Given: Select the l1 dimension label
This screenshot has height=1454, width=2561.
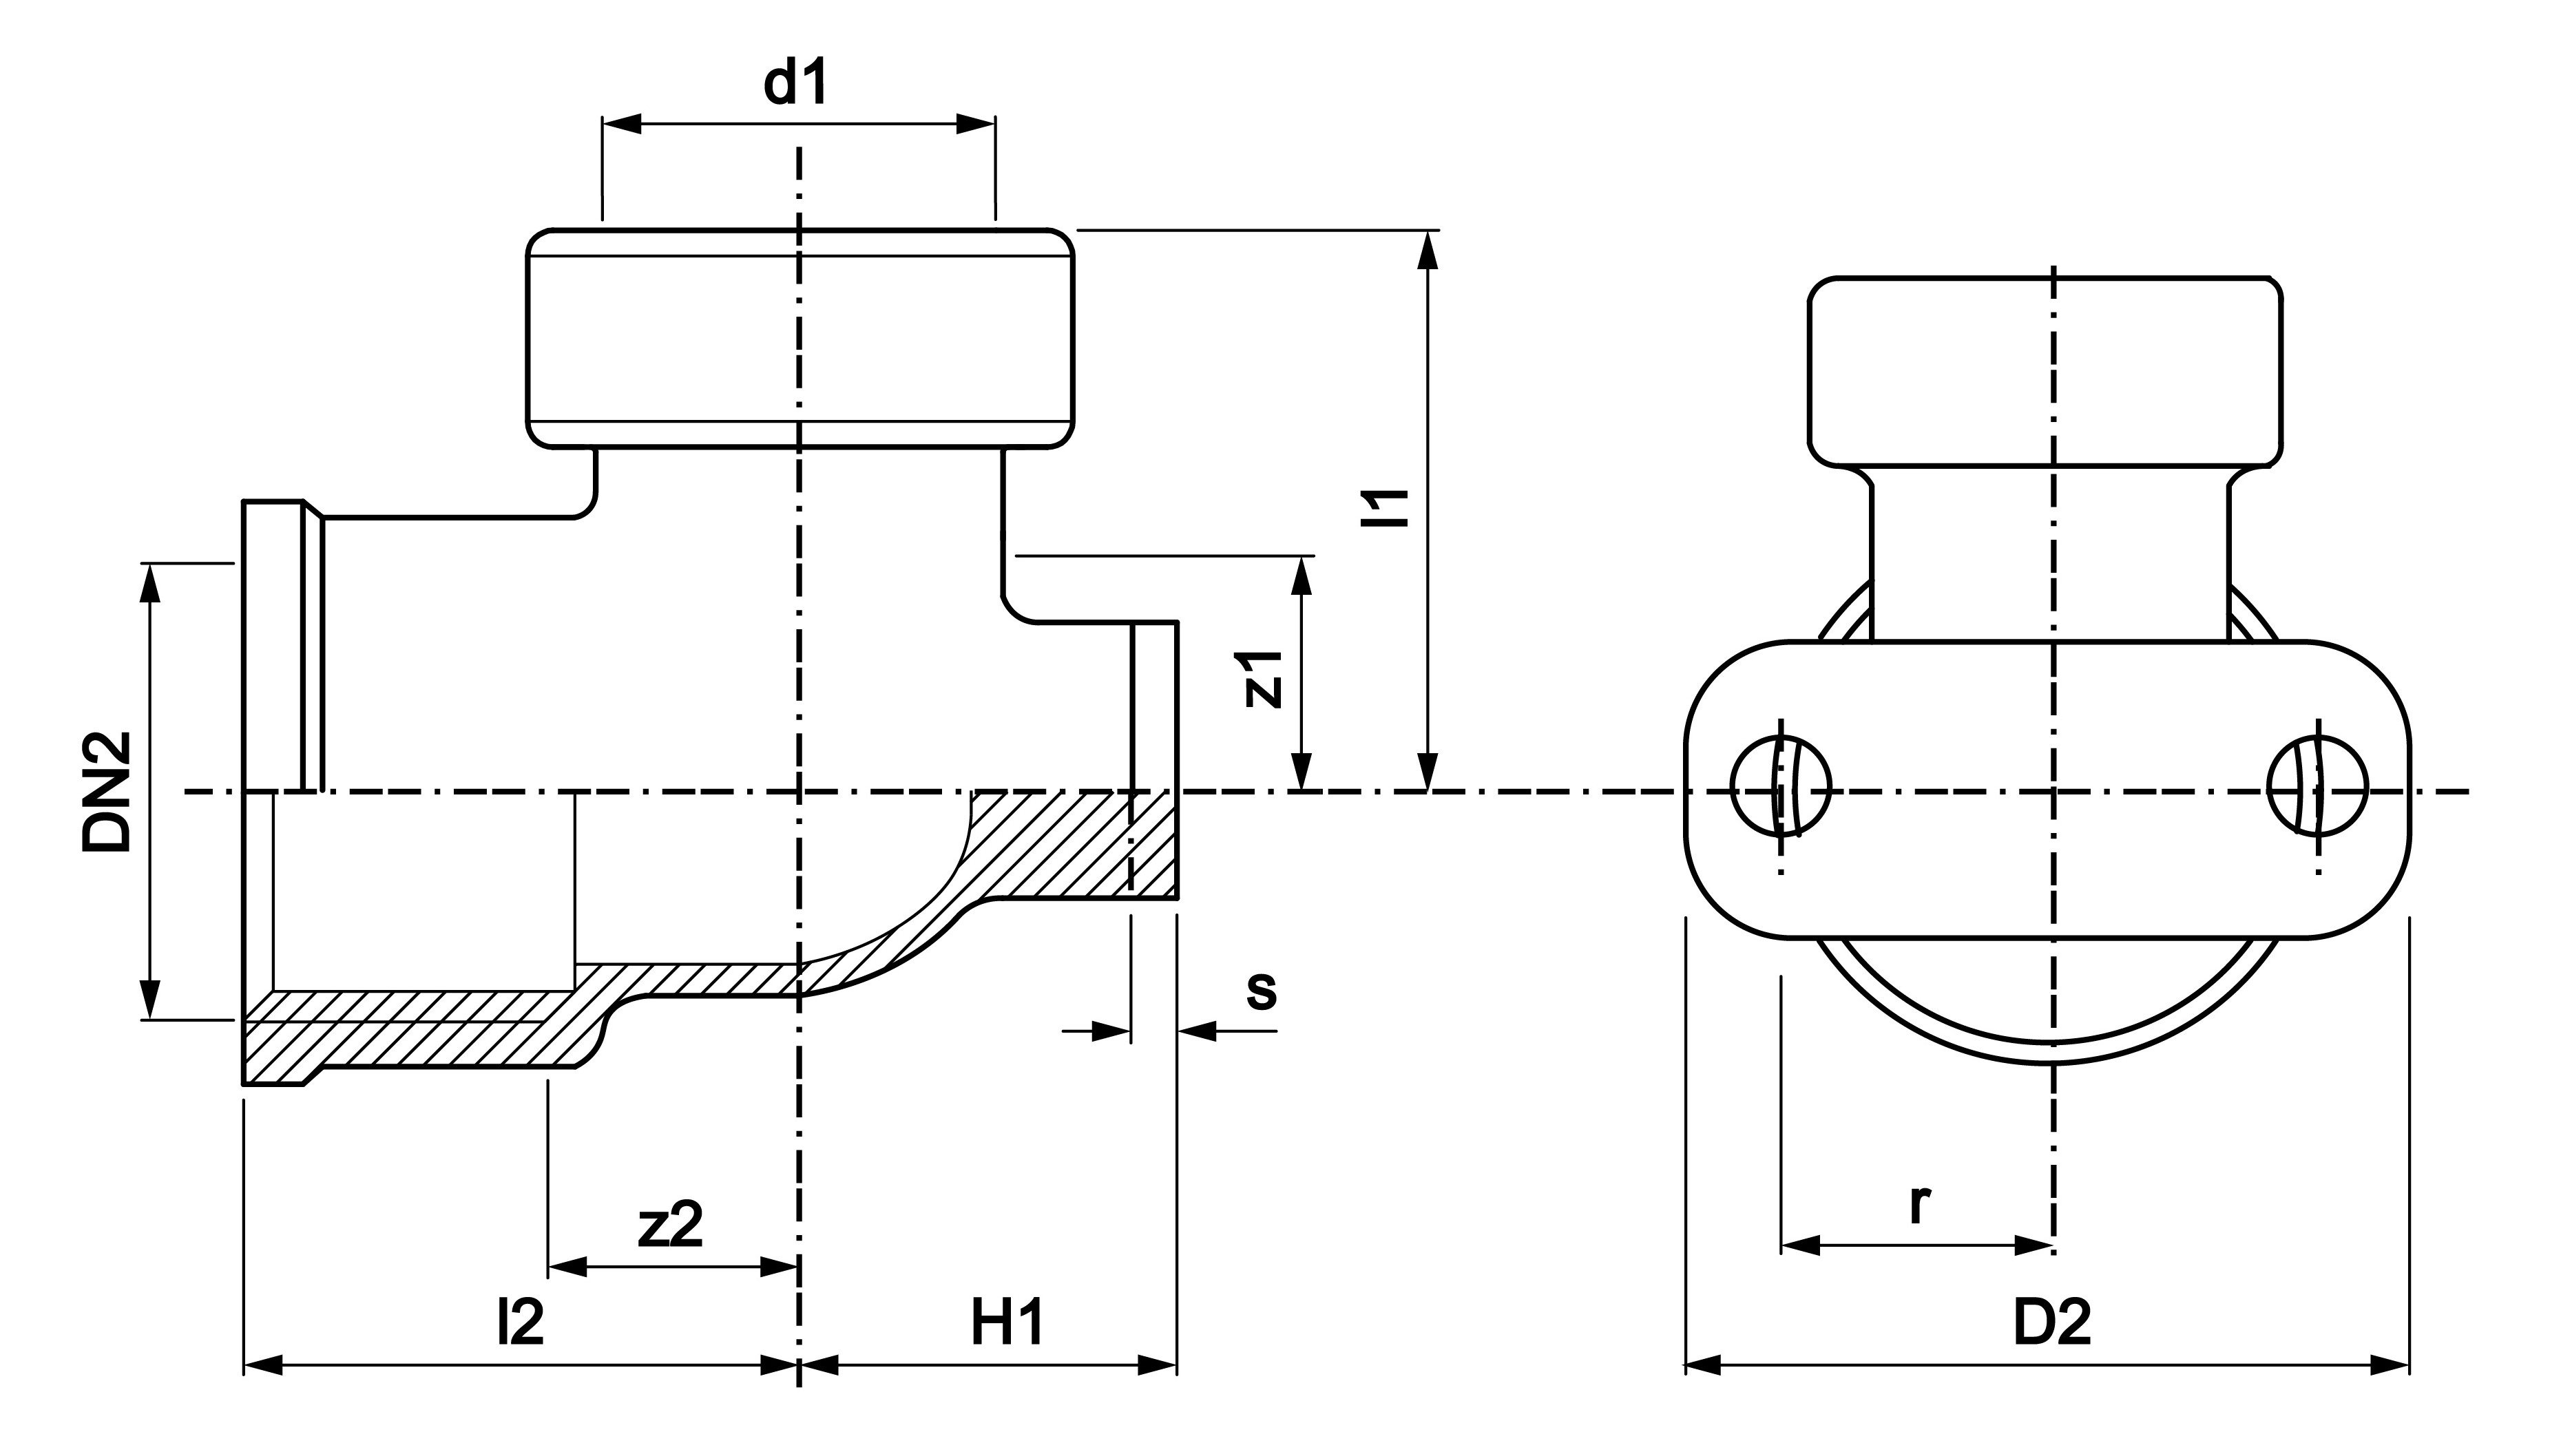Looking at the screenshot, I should tap(1388, 507).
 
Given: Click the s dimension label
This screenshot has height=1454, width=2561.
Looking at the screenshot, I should tap(1262, 991).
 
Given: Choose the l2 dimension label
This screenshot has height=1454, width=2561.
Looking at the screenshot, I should tap(521, 1323).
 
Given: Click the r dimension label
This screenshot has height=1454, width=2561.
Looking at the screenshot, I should tap(1918, 1205).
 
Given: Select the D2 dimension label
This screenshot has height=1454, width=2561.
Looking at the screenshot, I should tap(2051, 1323).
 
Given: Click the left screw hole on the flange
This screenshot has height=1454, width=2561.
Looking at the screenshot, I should tap(1781, 786).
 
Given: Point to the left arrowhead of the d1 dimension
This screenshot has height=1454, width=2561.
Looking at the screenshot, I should tap(621, 124).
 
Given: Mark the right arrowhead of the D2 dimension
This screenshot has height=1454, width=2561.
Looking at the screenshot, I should tap(2390, 1364).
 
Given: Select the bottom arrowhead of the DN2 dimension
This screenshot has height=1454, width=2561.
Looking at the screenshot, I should tap(150, 1000).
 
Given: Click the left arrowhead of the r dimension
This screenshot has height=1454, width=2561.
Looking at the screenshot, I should tap(1801, 1245).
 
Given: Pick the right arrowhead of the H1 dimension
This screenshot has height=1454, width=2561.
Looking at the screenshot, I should tap(1158, 1364).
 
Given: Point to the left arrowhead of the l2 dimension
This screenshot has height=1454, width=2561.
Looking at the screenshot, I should tap(264, 1364).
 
